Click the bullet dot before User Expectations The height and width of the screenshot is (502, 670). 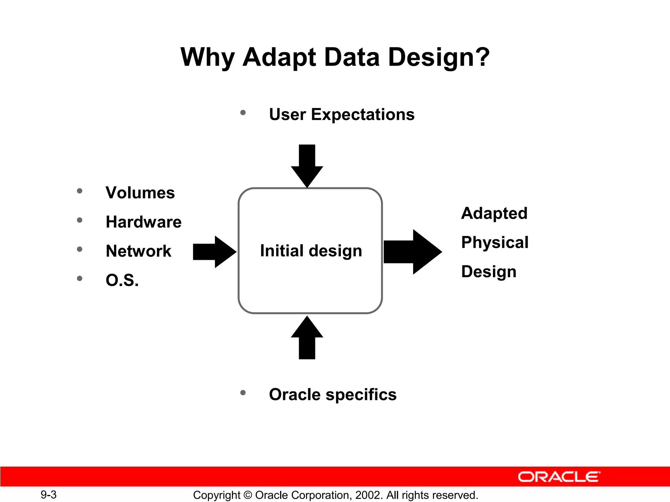click(x=243, y=113)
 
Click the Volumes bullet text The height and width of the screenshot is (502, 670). click(x=140, y=193)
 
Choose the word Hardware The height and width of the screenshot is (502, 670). click(x=144, y=222)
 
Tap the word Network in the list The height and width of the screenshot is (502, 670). click(x=138, y=251)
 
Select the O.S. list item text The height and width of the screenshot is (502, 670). click(x=122, y=280)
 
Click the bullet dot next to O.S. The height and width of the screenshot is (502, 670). click(x=79, y=278)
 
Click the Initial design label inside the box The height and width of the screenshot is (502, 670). click(x=311, y=251)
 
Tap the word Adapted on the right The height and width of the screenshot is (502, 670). click(x=494, y=213)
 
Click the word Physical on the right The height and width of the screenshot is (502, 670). click(x=495, y=243)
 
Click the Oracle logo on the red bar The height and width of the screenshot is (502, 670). click(x=559, y=477)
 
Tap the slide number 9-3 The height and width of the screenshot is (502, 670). click(x=48, y=494)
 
